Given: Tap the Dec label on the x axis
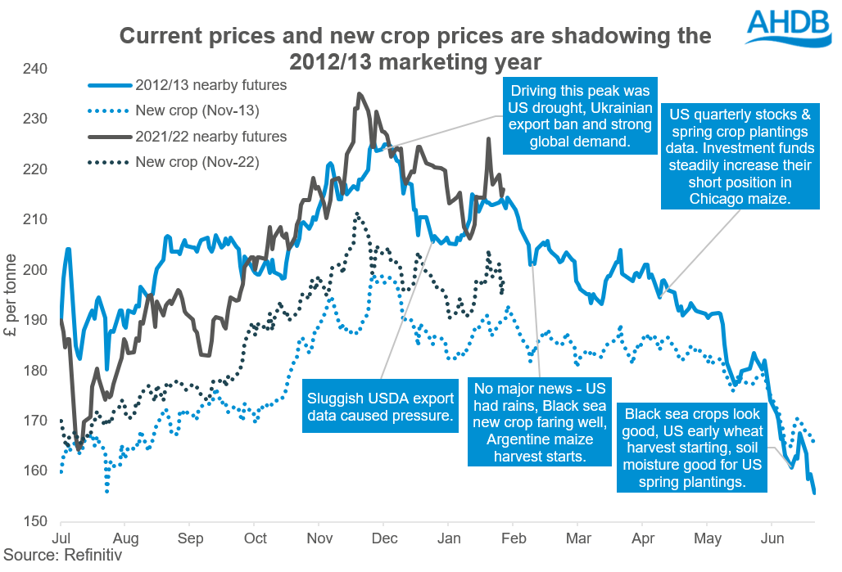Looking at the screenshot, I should [x=383, y=539].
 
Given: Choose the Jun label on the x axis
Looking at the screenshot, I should [x=771, y=539].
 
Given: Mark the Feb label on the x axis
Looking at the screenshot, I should [x=512, y=539].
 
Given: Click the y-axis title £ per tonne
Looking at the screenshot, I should [x=13, y=295].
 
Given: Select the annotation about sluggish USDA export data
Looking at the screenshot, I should [x=380, y=408].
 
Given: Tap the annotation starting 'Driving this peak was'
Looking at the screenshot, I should [x=581, y=116].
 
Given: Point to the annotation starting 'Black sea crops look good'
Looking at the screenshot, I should [x=692, y=448].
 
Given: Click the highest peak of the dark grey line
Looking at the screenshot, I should [x=359, y=94].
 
